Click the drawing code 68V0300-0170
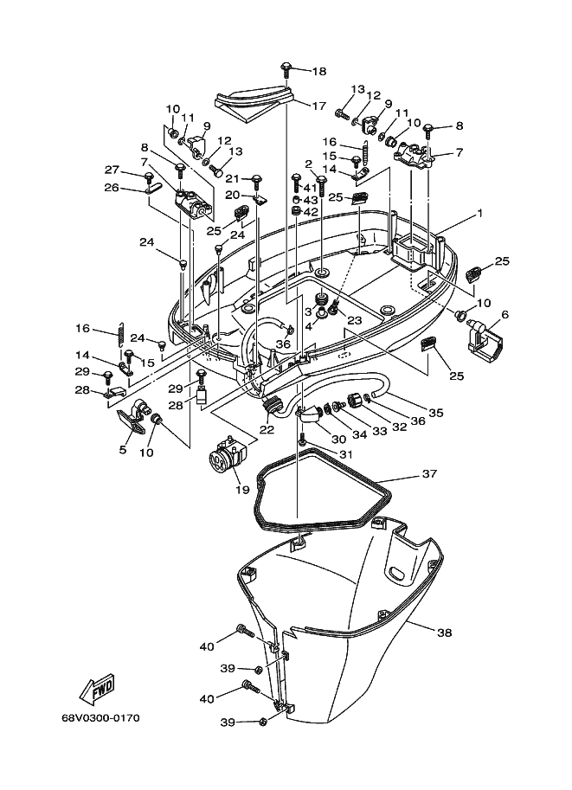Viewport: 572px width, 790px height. pyautogui.click(x=100, y=718)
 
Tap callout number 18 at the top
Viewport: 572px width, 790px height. pyautogui.click(x=319, y=71)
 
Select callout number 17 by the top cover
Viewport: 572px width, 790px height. pyautogui.click(x=319, y=106)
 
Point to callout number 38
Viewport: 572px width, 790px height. pyautogui.click(x=445, y=633)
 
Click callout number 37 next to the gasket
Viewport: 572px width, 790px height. pyautogui.click(x=429, y=473)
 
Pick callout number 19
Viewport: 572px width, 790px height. pyautogui.click(x=243, y=490)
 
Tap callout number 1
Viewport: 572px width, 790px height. pyautogui.click(x=480, y=214)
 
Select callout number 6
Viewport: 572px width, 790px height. pyautogui.click(x=505, y=315)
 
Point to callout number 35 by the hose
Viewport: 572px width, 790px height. pyautogui.click(x=436, y=413)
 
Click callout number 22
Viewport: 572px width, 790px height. pyautogui.click(x=267, y=430)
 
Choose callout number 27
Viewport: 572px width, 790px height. pyautogui.click(x=112, y=170)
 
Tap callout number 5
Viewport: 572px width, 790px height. pyautogui.click(x=123, y=449)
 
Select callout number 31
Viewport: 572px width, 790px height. pyautogui.click(x=346, y=454)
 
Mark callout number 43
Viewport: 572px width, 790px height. pyautogui.click(x=311, y=200)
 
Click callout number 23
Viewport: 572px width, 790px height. pyautogui.click(x=355, y=319)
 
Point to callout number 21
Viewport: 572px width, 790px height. pyautogui.click(x=233, y=179)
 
